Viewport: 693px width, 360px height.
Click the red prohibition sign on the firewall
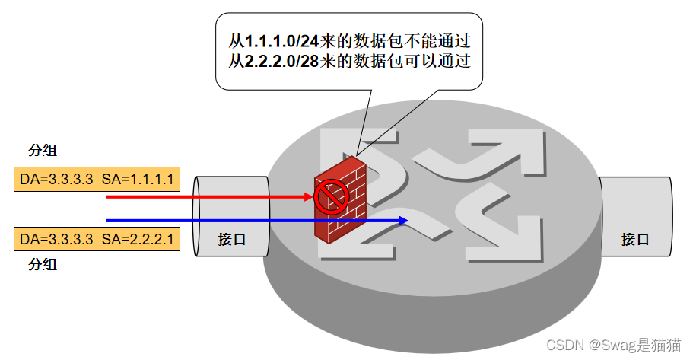point(331,196)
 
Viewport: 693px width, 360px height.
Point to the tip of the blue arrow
point(408,221)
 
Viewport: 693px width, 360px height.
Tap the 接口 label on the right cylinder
point(635,239)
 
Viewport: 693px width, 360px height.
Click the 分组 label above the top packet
point(43,150)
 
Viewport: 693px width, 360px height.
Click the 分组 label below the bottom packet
point(43,265)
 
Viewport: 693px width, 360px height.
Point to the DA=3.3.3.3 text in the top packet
point(56,180)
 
